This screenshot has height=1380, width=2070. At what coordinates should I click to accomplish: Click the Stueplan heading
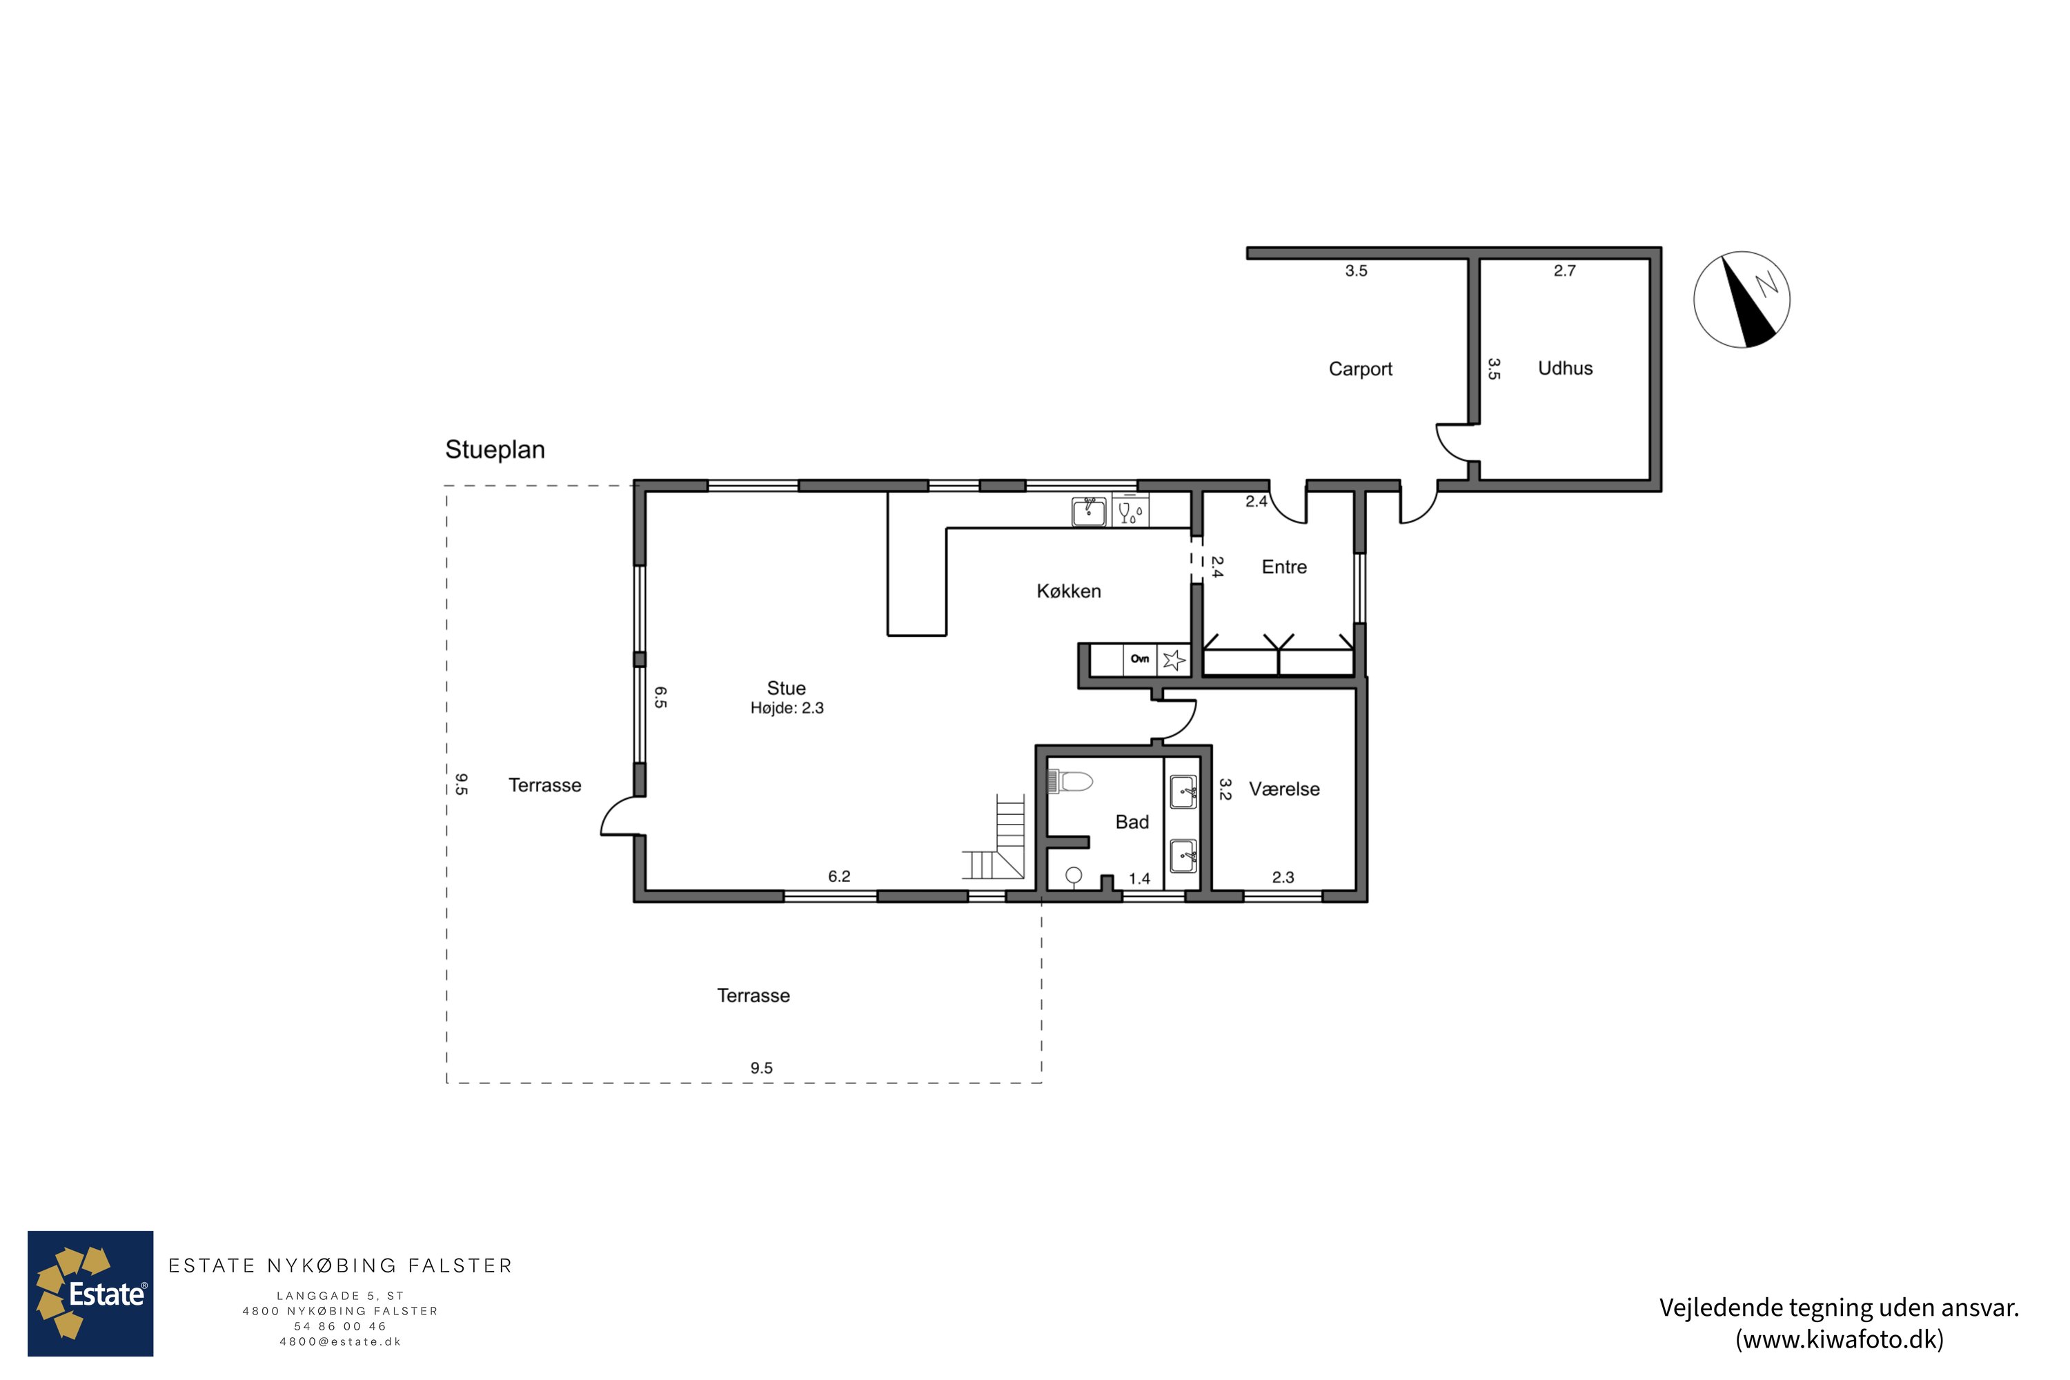tap(495, 450)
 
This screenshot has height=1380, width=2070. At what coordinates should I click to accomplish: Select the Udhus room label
tap(1565, 368)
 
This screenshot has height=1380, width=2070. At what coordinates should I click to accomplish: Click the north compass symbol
tap(1741, 299)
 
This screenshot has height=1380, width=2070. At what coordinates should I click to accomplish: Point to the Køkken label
tap(1068, 591)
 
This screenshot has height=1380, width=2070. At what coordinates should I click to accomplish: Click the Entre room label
tap(1284, 566)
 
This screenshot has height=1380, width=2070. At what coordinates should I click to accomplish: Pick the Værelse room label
tap(1284, 789)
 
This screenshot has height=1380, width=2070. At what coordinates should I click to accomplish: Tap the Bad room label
tap(1132, 822)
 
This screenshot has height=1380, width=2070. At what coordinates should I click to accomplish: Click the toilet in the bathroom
tap(1069, 780)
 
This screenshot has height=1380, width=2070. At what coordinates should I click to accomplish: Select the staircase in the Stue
tap(994, 837)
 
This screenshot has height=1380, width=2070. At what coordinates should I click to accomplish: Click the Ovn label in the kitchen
tap(1140, 658)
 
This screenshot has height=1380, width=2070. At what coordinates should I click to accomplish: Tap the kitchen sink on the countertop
tap(1089, 511)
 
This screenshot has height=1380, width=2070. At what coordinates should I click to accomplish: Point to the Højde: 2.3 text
tap(787, 709)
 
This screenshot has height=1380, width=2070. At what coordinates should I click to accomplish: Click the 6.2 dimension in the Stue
tap(839, 876)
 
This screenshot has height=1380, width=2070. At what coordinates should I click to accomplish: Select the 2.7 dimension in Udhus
tap(1564, 271)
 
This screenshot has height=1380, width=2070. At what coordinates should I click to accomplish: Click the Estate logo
tap(90, 1294)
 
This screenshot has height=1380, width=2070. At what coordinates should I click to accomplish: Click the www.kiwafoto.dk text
tap(1839, 1339)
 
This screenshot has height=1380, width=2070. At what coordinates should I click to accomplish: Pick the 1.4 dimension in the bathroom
tap(1139, 878)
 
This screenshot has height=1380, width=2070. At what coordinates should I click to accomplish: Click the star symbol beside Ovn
tap(1173, 659)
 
